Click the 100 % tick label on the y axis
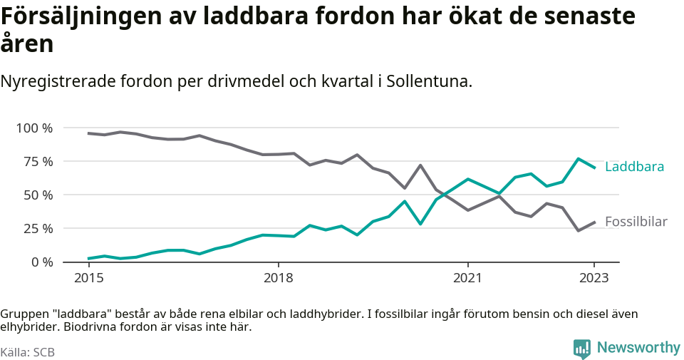click(34, 128)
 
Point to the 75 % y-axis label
click(38, 162)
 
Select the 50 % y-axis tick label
click(38, 195)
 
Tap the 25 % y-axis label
click(38, 229)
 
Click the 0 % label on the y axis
click(41, 262)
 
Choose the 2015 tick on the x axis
click(88, 277)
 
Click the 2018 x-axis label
click(278, 277)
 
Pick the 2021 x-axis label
click(467, 277)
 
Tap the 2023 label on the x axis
click(594, 277)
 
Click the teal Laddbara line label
click(634, 167)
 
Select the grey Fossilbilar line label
click(636, 222)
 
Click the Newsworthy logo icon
click(582, 349)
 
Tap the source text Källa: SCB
click(28, 352)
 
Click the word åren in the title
click(27, 44)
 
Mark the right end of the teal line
click(594, 168)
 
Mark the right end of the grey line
click(594, 222)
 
